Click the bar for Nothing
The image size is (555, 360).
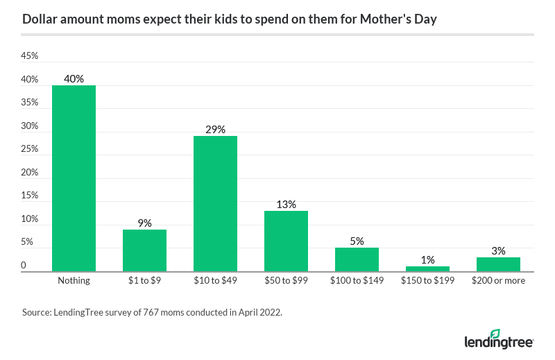pyautogui.click(x=74, y=179)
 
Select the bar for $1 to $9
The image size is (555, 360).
pyautogui.click(x=144, y=250)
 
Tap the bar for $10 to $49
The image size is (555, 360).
pyautogui.click(x=215, y=204)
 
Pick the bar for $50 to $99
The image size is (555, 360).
pyautogui.click(x=286, y=241)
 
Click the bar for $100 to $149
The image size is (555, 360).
pyautogui.click(x=357, y=260)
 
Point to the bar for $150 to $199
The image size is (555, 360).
pyautogui.click(x=427, y=269)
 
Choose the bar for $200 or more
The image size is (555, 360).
pyautogui.click(x=498, y=264)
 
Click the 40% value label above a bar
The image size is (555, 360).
pyautogui.click(x=74, y=79)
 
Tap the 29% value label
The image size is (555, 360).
pyautogui.click(x=215, y=130)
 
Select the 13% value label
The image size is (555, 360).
pyautogui.click(x=286, y=205)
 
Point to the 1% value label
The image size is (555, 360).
pyautogui.click(x=427, y=260)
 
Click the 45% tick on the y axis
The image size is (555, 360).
pyautogui.click(x=29, y=56)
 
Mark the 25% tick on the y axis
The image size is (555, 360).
pyautogui.click(x=29, y=149)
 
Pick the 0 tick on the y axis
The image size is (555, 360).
pyautogui.click(x=24, y=266)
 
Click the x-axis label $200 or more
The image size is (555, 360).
pyautogui.click(x=498, y=281)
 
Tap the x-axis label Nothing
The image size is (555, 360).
pyautogui.click(x=74, y=281)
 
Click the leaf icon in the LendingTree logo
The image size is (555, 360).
pyautogui.click(x=495, y=334)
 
